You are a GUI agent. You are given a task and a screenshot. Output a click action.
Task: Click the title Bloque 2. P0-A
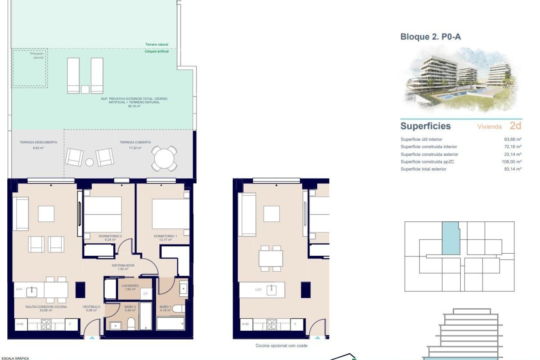430,37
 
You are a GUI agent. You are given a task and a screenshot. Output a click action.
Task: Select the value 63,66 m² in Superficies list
513,139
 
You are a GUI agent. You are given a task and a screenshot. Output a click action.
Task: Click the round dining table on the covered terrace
165,159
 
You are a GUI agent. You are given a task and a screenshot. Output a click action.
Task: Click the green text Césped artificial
157,51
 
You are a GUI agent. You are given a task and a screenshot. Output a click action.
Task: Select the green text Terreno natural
157,44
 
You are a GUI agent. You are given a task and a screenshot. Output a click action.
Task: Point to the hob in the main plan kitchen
46,324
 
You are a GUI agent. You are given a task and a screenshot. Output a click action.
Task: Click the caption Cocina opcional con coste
281,346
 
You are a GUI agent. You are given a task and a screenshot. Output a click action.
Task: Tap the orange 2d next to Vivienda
515,126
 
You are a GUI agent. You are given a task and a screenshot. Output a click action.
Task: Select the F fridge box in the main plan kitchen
70,324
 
